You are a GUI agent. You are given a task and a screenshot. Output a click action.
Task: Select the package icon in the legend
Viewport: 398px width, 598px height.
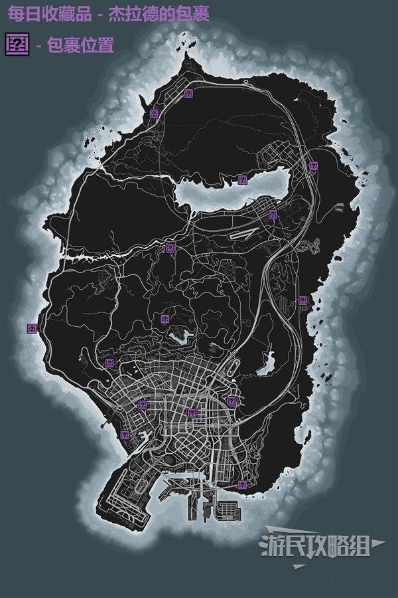(15, 45)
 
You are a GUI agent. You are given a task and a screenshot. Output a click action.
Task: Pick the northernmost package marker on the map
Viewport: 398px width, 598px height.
(189, 94)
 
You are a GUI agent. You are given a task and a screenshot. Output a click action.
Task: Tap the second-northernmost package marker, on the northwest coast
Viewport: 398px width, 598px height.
(153, 114)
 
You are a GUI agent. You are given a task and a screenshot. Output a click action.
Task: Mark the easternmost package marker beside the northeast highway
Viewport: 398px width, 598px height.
(313, 165)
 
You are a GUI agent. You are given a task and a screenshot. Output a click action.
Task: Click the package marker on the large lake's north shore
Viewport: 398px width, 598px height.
(242, 179)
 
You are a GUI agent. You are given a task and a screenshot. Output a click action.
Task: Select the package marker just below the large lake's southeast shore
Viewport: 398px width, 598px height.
(273, 214)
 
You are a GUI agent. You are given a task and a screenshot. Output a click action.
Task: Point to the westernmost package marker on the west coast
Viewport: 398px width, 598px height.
(31, 328)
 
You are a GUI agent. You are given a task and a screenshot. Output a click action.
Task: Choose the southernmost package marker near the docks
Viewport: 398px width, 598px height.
(243, 485)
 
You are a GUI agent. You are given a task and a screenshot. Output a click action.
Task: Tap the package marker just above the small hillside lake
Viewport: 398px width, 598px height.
(165, 319)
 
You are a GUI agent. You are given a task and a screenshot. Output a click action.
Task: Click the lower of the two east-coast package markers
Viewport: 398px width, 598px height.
(302, 300)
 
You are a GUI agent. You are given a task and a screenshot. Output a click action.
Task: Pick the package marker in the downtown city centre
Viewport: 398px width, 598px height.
(192, 413)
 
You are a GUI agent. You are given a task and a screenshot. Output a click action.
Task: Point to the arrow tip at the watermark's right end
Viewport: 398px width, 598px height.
(385, 544)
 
